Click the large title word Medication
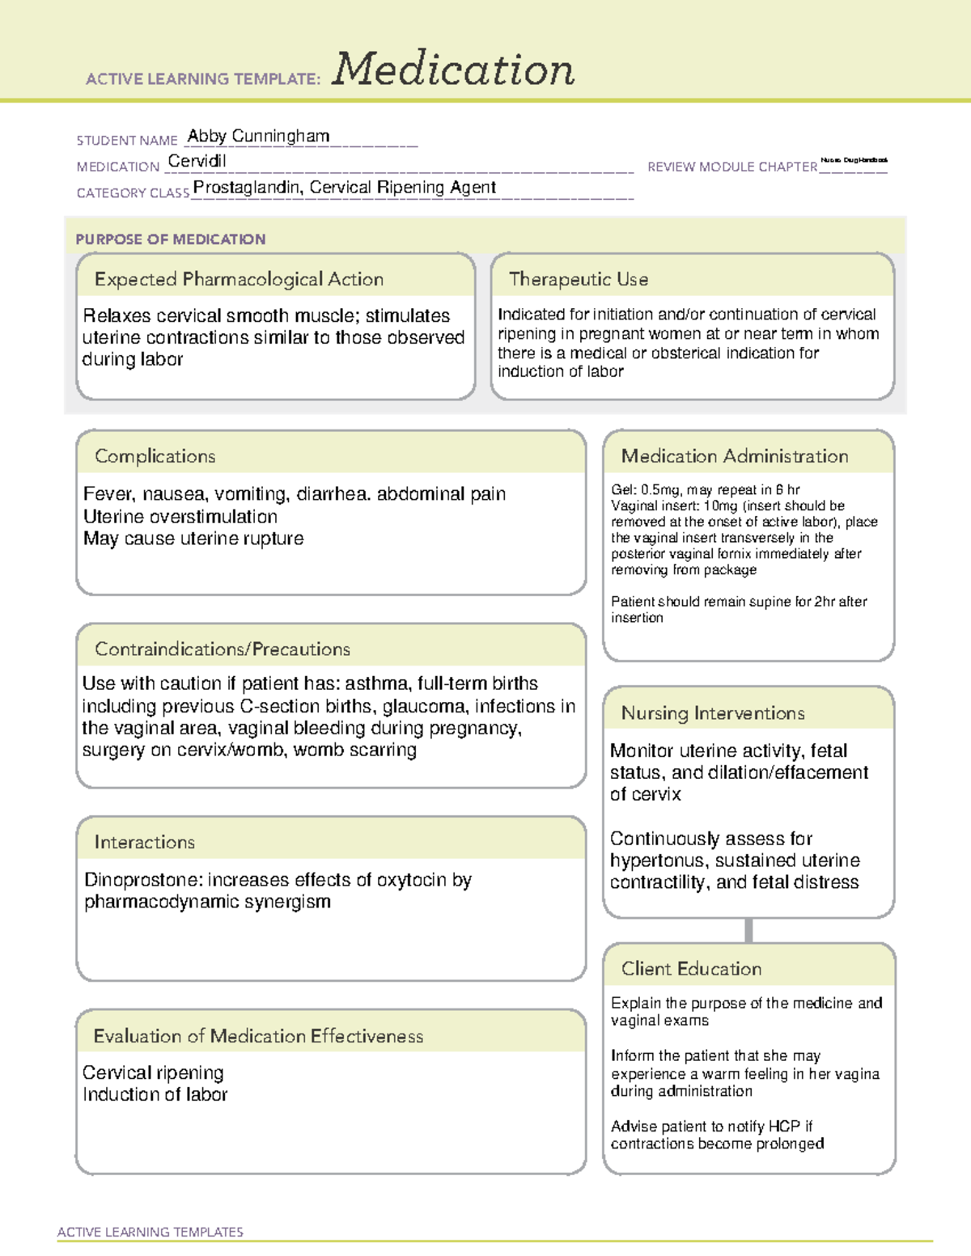coord(453,70)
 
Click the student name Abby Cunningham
coord(258,136)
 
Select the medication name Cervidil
coord(197,161)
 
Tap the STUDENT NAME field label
coord(127,141)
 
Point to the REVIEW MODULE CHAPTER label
coord(732,167)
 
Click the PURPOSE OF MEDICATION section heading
coord(171,239)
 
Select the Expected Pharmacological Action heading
coord(239,279)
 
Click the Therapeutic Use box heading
coord(578,279)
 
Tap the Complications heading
coord(155,456)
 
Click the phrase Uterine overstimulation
coord(180,517)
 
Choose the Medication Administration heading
coord(734,456)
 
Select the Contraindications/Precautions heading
coord(222,649)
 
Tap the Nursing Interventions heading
coord(712,713)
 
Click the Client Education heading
coord(691,969)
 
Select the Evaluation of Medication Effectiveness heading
coord(258,1036)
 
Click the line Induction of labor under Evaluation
coord(155,1095)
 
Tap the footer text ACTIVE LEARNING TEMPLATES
coord(151,1232)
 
